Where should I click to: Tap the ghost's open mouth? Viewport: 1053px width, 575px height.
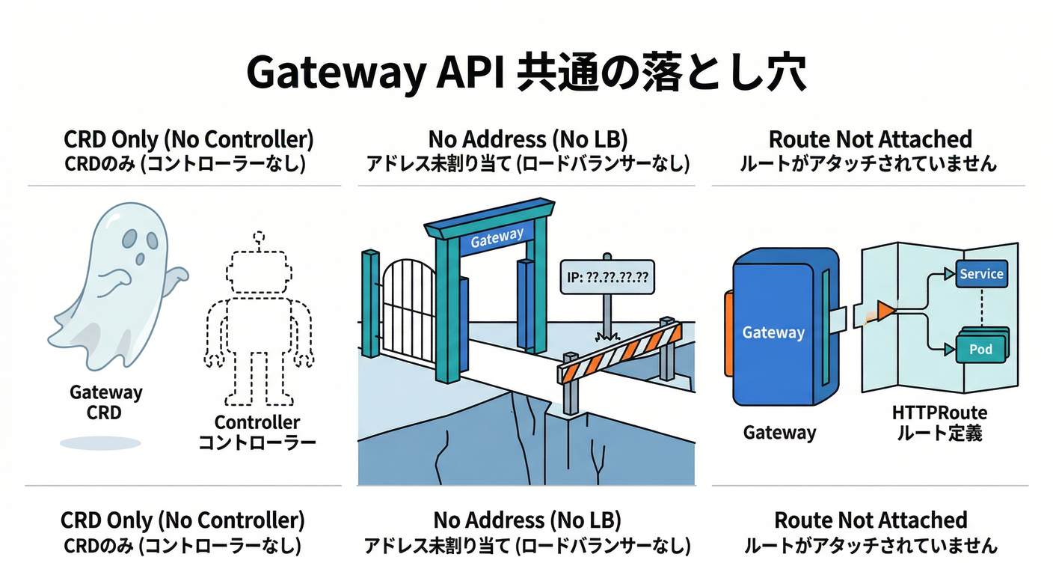tap(141, 259)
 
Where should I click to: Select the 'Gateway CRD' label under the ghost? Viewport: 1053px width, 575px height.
tap(105, 402)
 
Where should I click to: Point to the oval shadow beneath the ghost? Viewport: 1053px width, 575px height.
tap(100, 443)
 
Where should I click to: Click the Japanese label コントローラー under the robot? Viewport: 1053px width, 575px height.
tap(257, 442)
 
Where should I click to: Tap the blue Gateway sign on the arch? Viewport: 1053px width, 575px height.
tap(497, 238)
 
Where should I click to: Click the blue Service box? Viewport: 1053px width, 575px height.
tap(981, 274)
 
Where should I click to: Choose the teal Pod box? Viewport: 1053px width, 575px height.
tap(980, 349)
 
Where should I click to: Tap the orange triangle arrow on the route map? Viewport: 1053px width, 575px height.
tap(885, 310)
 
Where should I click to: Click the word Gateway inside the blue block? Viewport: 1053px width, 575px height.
tap(773, 332)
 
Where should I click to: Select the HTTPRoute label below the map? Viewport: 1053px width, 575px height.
tap(939, 413)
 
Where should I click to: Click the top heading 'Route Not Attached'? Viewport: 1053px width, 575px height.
tap(871, 139)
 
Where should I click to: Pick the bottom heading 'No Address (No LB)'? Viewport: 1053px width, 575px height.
tap(527, 520)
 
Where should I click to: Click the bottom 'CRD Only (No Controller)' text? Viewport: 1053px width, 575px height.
tap(182, 520)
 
